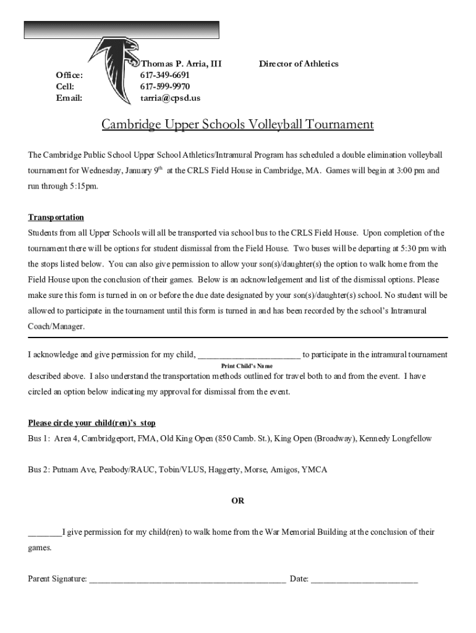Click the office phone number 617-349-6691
pyautogui.click(x=165, y=75)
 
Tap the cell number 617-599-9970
pyautogui.click(x=165, y=87)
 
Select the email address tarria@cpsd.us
pyautogui.click(x=170, y=98)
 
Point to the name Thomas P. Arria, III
pyautogui.click(x=181, y=64)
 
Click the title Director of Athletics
pyautogui.click(x=299, y=64)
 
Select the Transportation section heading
pyautogui.click(x=56, y=218)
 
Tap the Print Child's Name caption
pyautogui.click(x=247, y=366)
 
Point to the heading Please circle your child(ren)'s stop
pyautogui.click(x=91, y=423)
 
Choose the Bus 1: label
pyautogui.click(x=38, y=439)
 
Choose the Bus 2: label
pyautogui.click(x=38, y=470)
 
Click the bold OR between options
pyautogui.click(x=238, y=501)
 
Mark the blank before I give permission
pyautogui.click(x=45, y=533)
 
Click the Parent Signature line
pyautogui.click(x=187, y=580)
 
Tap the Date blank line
pyautogui.click(x=364, y=580)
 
